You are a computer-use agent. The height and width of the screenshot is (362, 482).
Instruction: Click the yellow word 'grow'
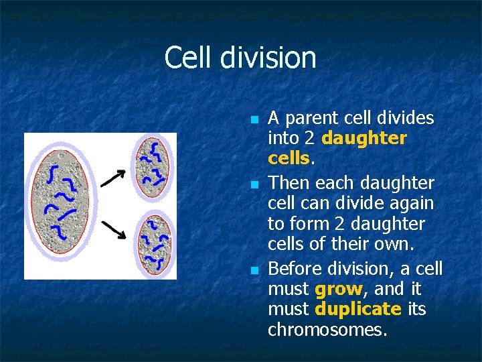[338, 290]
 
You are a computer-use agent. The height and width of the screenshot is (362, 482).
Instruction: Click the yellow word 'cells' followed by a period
[288, 159]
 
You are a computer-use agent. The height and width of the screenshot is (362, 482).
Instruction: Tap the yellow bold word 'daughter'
[364, 138]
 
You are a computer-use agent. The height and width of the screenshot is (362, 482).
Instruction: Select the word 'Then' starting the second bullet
[287, 182]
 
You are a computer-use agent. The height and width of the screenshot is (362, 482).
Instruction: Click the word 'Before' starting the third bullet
[296, 268]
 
